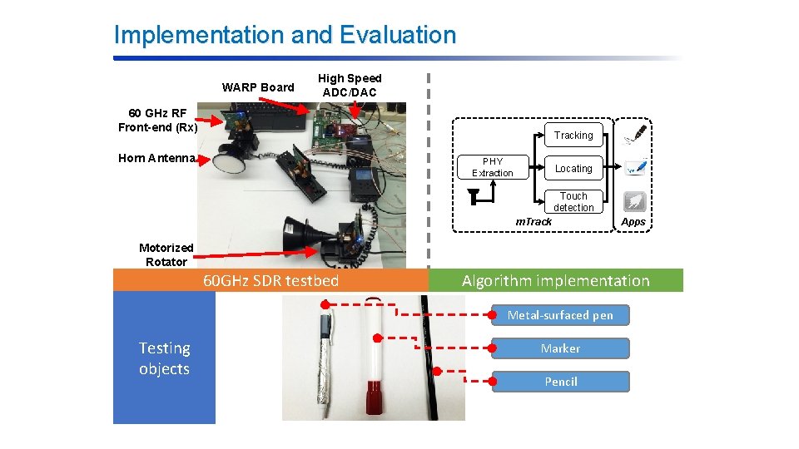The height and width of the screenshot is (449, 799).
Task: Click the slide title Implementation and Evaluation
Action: (x=285, y=35)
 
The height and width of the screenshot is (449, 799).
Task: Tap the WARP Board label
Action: (x=258, y=87)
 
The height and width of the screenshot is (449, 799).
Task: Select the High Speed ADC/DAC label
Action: (x=350, y=86)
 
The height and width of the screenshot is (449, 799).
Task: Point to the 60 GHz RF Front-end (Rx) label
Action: (x=157, y=121)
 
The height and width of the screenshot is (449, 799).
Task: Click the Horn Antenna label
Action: (x=156, y=158)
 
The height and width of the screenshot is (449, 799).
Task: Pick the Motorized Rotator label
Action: (x=166, y=254)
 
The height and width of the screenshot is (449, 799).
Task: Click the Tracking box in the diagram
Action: (x=573, y=136)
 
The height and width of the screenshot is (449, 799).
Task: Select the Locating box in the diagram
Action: (x=573, y=168)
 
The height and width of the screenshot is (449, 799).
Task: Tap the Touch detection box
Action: (x=573, y=202)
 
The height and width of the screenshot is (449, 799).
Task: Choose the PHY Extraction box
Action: (x=493, y=167)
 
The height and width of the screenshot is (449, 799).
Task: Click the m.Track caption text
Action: (x=533, y=221)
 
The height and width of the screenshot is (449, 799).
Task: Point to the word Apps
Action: (x=633, y=222)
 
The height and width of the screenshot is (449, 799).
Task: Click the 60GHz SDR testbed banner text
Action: (x=271, y=280)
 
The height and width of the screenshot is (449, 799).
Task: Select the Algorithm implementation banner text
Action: (x=555, y=280)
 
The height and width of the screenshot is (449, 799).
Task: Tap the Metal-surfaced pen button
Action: (x=560, y=315)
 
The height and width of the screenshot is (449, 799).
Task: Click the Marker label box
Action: (x=560, y=348)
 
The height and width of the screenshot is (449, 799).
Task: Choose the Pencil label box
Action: (x=560, y=382)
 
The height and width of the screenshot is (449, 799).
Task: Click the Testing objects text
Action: (x=164, y=358)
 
